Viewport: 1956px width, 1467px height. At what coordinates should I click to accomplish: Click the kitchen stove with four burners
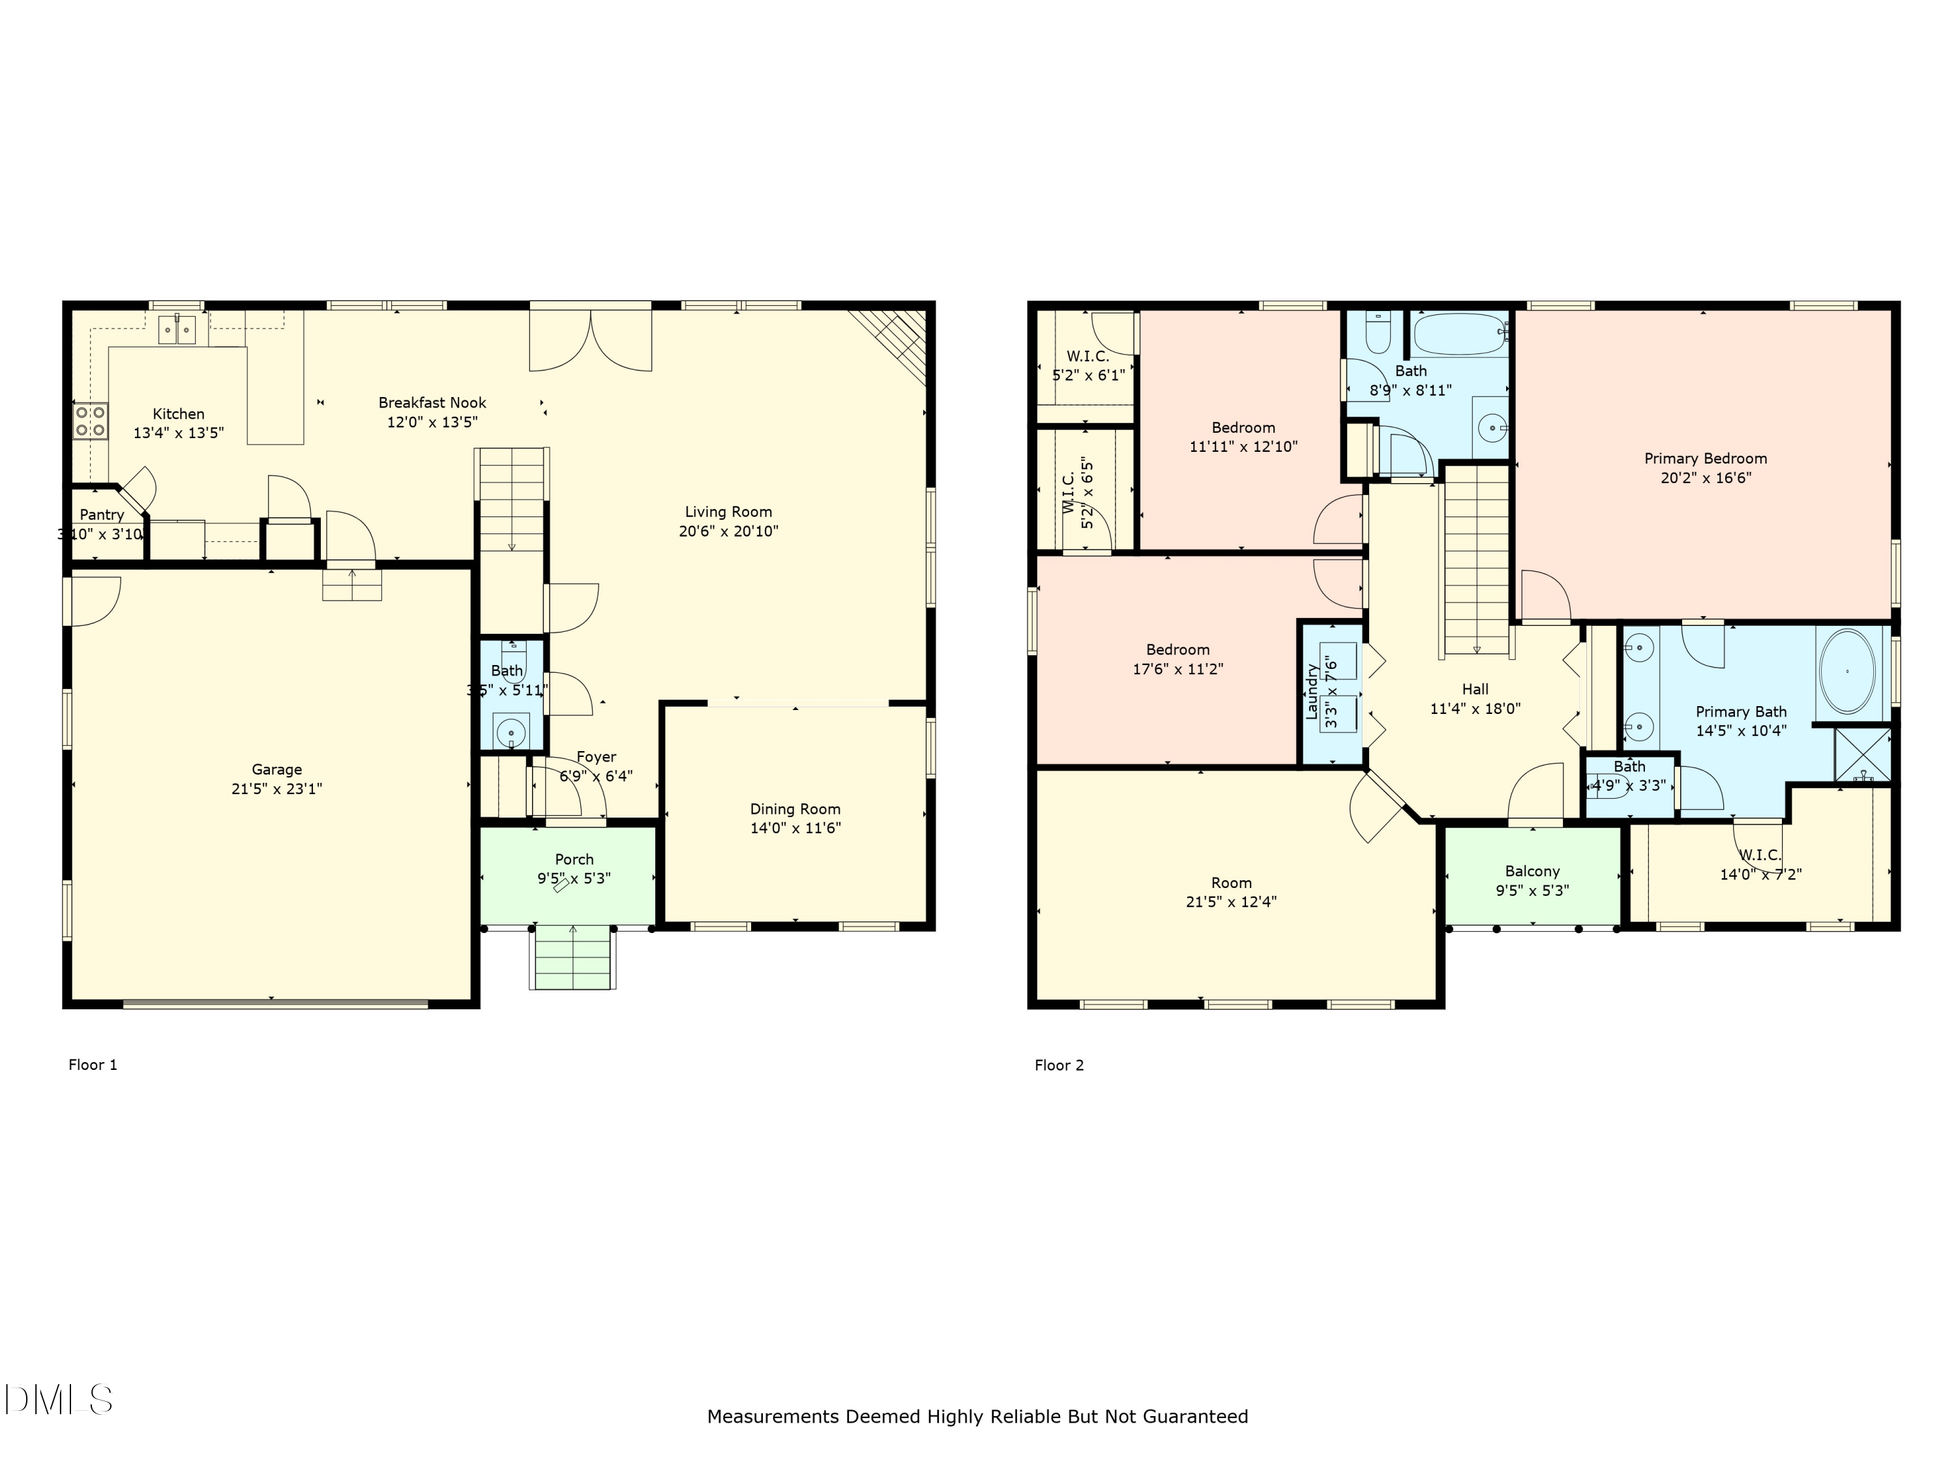pyautogui.click(x=90, y=421)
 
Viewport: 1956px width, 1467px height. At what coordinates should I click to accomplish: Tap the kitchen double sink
pyautogui.click(x=177, y=330)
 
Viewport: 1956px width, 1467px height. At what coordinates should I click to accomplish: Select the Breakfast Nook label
pyautogui.click(x=432, y=403)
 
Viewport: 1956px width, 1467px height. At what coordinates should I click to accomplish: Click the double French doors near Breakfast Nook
pyautogui.click(x=590, y=338)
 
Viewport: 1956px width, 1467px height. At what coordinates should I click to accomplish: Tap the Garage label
pyautogui.click(x=277, y=770)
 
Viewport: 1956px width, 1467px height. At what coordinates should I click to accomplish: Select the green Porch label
pyautogui.click(x=574, y=859)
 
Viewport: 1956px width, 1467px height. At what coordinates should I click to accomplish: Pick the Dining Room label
pyautogui.click(x=795, y=809)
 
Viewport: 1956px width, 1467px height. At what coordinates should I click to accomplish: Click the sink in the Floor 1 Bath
pyautogui.click(x=511, y=732)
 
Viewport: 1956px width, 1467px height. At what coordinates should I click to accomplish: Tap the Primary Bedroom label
pyautogui.click(x=1705, y=459)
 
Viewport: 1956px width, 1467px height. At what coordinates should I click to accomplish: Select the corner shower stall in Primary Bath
pyautogui.click(x=1862, y=754)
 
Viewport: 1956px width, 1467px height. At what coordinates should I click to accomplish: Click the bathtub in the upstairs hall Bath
pyautogui.click(x=1457, y=335)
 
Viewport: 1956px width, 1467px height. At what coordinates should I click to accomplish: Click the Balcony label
pyautogui.click(x=1532, y=872)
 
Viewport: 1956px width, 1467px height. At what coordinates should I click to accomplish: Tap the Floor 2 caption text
pyautogui.click(x=1058, y=1065)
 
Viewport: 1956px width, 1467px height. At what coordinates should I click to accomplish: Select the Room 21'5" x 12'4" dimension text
pyautogui.click(x=1231, y=902)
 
